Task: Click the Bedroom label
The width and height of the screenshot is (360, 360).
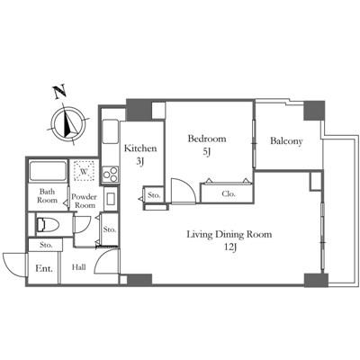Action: (x=207, y=139)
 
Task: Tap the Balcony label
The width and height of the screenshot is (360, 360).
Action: (x=286, y=141)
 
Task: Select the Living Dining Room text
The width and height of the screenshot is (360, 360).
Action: (x=229, y=234)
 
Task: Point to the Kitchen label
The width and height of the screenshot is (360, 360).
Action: (x=140, y=148)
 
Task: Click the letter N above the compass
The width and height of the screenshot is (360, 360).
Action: (x=60, y=92)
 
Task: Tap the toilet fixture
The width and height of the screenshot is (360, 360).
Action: (x=48, y=225)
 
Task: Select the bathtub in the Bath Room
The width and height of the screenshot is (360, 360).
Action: (x=48, y=171)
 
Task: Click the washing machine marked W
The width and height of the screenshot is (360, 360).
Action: (x=85, y=171)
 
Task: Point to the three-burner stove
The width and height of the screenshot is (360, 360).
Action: (x=110, y=175)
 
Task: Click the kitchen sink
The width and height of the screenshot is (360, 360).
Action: (x=110, y=131)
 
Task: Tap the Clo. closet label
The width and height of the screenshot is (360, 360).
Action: (x=229, y=193)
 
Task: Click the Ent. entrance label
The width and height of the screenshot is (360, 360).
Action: (x=44, y=268)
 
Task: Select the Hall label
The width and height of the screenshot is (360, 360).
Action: (x=79, y=267)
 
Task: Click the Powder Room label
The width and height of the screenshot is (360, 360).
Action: (x=85, y=201)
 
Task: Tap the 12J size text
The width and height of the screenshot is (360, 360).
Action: (x=230, y=247)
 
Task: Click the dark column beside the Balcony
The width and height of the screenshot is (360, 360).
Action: (x=314, y=111)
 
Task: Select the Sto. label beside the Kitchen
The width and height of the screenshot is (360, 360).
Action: (x=154, y=195)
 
